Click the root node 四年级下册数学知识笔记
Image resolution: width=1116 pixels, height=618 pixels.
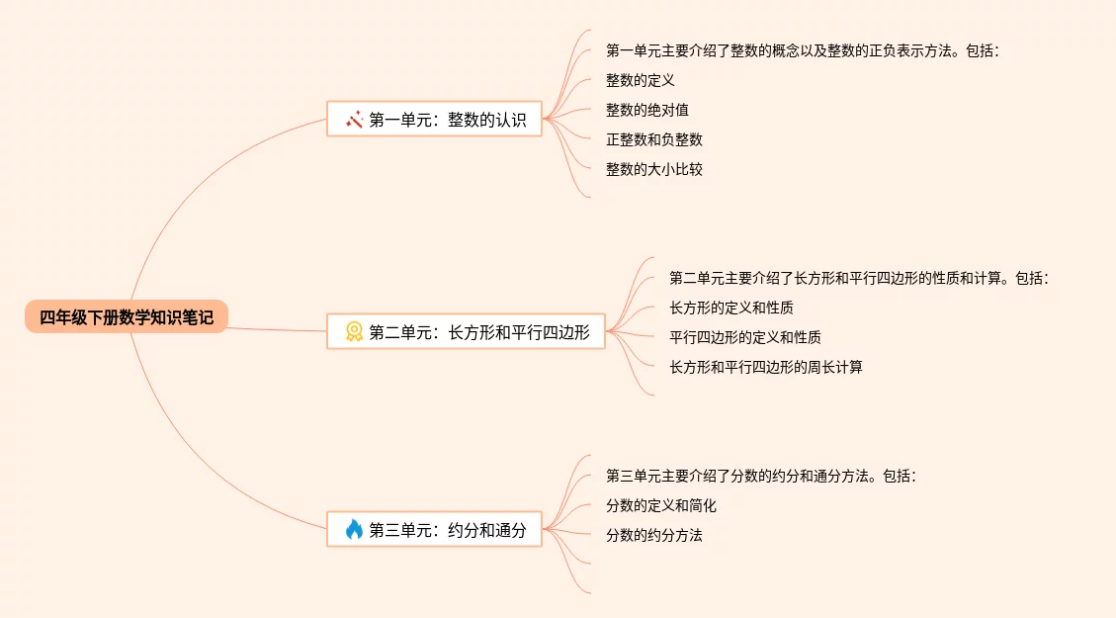127,316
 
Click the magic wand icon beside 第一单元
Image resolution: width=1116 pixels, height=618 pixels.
354,120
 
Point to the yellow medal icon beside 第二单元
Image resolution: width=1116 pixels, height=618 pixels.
354,332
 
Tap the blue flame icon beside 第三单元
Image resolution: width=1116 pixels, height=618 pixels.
354,530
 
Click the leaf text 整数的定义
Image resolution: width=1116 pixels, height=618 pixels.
641,80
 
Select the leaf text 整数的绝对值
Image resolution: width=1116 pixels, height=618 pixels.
647,110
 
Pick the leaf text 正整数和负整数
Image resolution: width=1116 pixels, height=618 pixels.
654,139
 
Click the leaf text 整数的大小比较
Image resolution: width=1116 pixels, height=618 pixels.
654,169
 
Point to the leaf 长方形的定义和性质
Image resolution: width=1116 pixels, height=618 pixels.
731,308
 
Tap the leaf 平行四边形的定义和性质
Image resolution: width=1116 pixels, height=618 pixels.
745,337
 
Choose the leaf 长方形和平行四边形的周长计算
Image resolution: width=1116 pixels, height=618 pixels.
766,367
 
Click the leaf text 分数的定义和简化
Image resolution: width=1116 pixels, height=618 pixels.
661,505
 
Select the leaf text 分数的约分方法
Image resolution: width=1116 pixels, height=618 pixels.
654,535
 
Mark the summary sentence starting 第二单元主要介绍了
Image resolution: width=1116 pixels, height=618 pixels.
858,278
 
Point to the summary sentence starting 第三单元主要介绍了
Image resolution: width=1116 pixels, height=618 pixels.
761,476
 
